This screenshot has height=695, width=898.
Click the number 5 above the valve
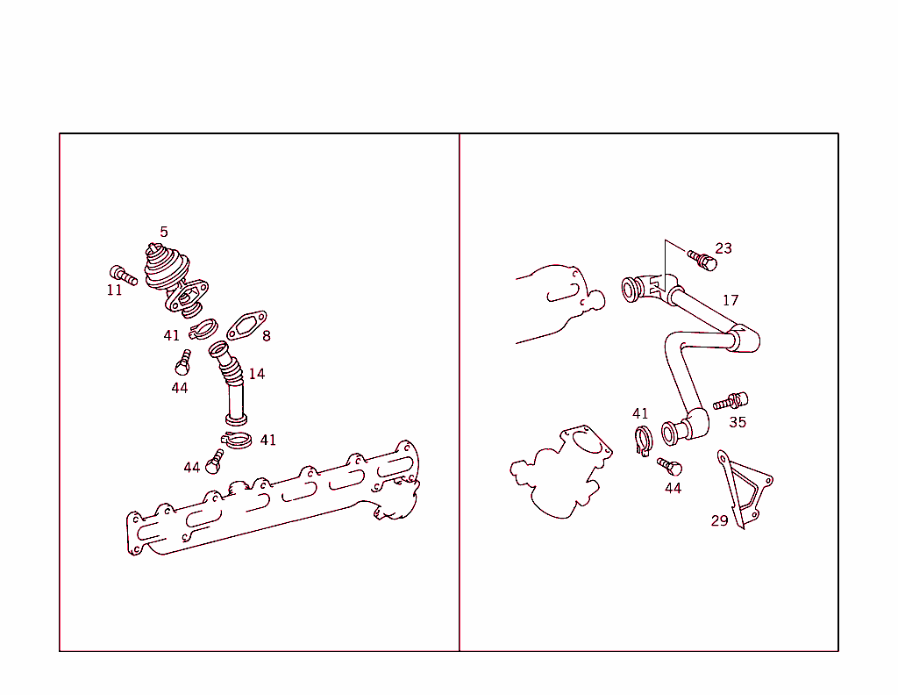tap(164, 232)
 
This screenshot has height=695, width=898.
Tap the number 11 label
tap(115, 290)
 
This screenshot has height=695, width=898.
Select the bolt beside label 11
tap(123, 275)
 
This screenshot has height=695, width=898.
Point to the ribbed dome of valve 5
tap(166, 266)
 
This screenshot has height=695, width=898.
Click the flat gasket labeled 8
tap(246, 325)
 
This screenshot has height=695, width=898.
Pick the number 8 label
tap(267, 336)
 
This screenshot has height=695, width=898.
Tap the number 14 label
tap(257, 374)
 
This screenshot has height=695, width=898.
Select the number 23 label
tap(723, 248)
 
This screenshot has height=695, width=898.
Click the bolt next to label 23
tap(702, 260)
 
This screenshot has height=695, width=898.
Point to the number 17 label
tap(731, 300)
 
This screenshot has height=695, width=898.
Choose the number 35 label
tap(738, 422)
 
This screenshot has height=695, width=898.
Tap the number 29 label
tap(719, 521)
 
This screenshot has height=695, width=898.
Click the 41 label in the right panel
tap(640, 413)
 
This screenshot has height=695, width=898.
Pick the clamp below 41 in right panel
tap(644, 441)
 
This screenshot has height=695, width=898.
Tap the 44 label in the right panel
tap(673, 488)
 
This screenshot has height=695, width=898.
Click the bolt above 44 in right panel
tap(669, 466)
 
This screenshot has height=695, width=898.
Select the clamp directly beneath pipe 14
tap(237, 440)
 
